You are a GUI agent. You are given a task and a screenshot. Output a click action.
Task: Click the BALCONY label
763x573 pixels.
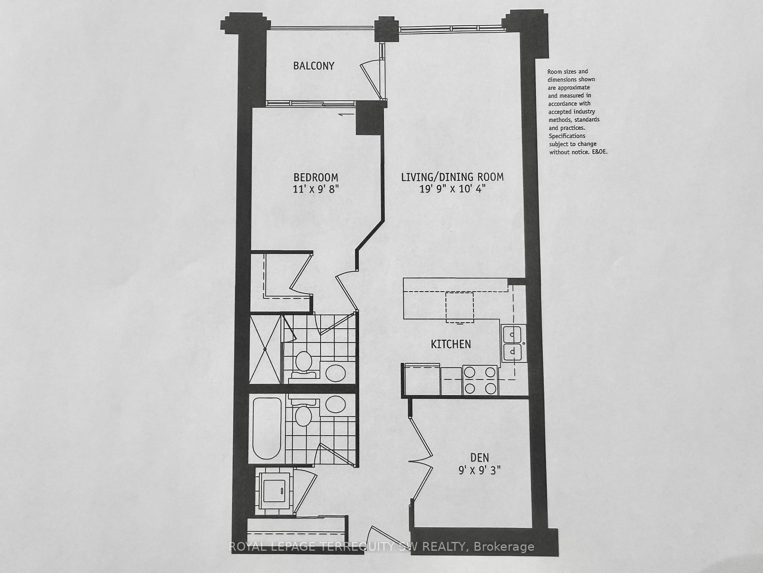(x=314, y=66)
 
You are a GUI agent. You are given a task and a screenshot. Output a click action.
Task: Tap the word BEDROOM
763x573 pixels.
(x=316, y=177)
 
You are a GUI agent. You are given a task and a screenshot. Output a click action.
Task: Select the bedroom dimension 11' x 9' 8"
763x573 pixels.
(x=316, y=189)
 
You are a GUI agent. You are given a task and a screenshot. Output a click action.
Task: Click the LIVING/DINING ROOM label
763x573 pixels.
(x=452, y=177)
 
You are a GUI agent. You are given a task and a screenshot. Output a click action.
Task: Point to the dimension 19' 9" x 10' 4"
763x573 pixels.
(x=452, y=189)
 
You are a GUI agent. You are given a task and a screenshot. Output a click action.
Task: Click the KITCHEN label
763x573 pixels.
(x=451, y=344)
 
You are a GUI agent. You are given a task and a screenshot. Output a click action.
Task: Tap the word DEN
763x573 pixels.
(x=479, y=458)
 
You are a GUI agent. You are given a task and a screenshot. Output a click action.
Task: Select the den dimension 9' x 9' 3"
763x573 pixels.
(x=479, y=470)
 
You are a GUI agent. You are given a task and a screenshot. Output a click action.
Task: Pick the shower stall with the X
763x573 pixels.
(x=265, y=349)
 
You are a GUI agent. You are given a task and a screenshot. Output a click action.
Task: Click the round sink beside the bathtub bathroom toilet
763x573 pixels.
(x=336, y=405)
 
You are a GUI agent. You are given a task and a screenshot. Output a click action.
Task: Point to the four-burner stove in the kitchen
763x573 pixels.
(x=480, y=380)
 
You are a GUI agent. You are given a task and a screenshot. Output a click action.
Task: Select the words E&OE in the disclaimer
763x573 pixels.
(x=598, y=152)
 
